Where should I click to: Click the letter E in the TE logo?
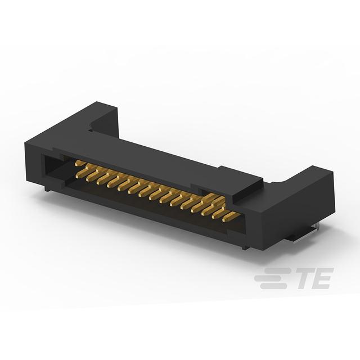(321, 278)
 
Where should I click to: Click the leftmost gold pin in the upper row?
(79, 163)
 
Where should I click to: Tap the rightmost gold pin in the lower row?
(231, 217)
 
